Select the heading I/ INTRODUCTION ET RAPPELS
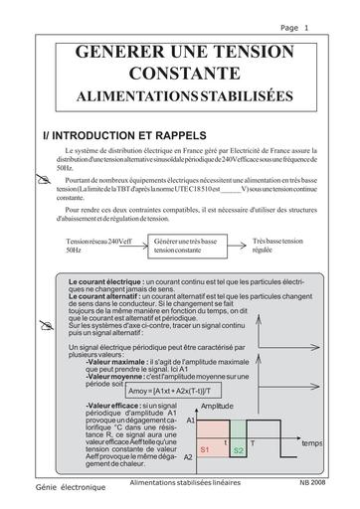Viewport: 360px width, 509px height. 124,132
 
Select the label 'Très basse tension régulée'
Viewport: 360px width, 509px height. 280,246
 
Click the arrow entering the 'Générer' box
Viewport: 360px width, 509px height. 137,243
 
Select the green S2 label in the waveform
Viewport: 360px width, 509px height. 239,451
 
